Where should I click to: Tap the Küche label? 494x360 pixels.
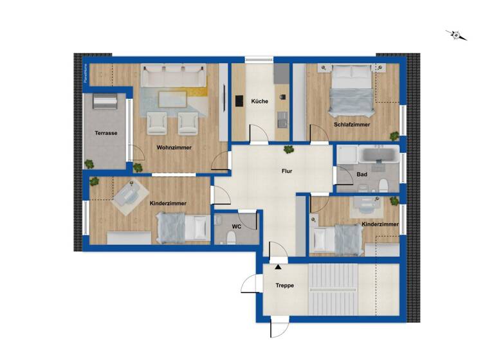[259, 102]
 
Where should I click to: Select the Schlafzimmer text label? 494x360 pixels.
[352, 125]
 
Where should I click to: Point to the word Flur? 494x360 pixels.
[287, 172]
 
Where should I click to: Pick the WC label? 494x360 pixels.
[237, 227]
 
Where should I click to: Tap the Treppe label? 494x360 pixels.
[285, 285]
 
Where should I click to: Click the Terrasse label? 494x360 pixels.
[105, 133]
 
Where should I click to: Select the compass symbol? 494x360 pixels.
[457, 35]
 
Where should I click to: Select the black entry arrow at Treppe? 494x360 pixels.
[278, 265]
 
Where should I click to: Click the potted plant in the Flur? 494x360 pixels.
[289, 150]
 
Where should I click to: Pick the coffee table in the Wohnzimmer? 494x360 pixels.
[172, 98]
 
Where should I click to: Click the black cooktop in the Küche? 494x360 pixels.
[239, 101]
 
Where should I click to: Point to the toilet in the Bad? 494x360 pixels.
[384, 185]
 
